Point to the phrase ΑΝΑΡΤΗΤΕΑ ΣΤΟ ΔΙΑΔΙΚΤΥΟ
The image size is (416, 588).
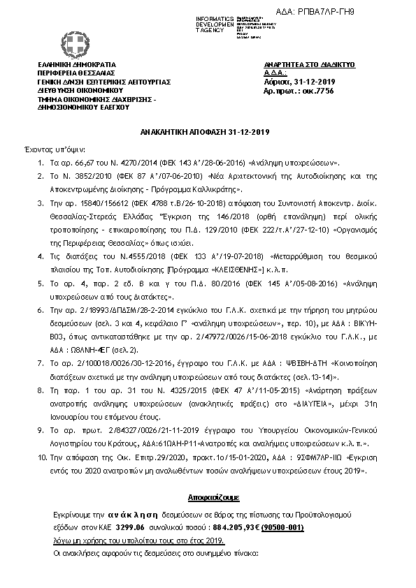coord(301,64)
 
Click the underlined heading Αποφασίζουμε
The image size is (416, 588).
coord(208,498)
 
